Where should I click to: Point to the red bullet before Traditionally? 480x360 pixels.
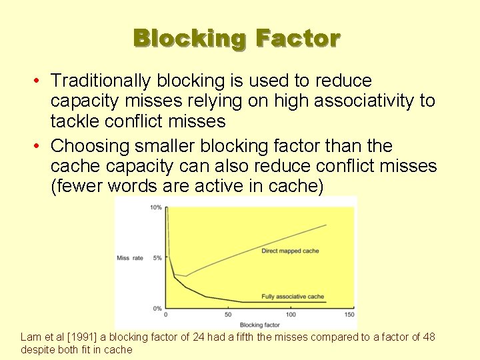tap(40, 81)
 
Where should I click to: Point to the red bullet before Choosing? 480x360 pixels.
tap(40, 145)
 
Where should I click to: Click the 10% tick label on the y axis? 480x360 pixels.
tap(155, 207)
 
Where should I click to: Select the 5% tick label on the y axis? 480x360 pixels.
tap(157, 257)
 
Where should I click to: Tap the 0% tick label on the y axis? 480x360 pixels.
tap(157, 308)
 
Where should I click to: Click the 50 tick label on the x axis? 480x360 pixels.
tap(228, 315)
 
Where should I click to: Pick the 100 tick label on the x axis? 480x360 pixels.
tap(291, 315)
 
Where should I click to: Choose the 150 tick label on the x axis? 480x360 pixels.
tap(349, 315)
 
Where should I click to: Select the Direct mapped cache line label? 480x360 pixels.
tap(290, 251)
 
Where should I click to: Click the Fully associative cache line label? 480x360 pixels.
tap(293, 297)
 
